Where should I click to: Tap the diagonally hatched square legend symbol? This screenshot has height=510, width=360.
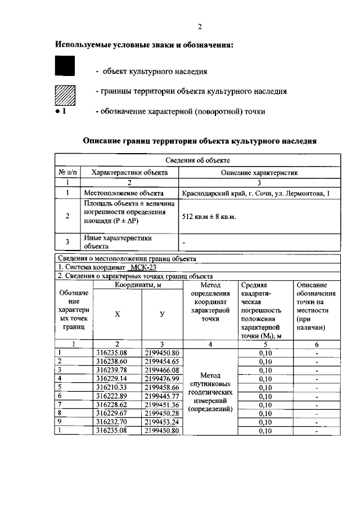click(64, 93)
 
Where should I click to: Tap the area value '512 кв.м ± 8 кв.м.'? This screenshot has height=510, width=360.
click(209, 216)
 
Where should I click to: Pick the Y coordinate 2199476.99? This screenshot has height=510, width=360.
click(161, 379)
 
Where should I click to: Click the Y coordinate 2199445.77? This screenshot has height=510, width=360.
click(161, 396)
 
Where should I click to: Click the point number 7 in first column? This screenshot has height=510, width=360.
click(59, 405)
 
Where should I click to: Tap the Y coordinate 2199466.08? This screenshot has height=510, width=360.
click(161, 370)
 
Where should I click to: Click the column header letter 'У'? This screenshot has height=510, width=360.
click(162, 314)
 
